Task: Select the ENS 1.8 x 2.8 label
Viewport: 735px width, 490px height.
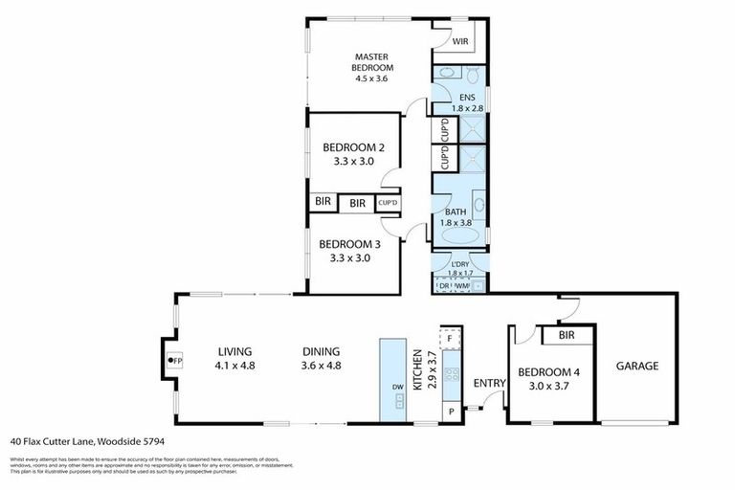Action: [x=467, y=102]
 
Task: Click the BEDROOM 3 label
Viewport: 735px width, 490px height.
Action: [x=350, y=251]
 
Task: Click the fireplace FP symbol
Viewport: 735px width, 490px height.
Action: [x=174, y=361]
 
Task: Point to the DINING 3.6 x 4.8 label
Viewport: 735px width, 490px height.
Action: [x=321, y=358]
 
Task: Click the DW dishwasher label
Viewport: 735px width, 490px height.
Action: [x=395, y=388]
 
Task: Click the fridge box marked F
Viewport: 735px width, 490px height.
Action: [x=449, y=337]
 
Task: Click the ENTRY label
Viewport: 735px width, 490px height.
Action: [x=490, y=383]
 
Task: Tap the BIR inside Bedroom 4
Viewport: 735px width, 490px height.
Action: [x=566, y=335]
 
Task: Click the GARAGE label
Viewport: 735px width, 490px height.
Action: [x=636, y=366]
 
